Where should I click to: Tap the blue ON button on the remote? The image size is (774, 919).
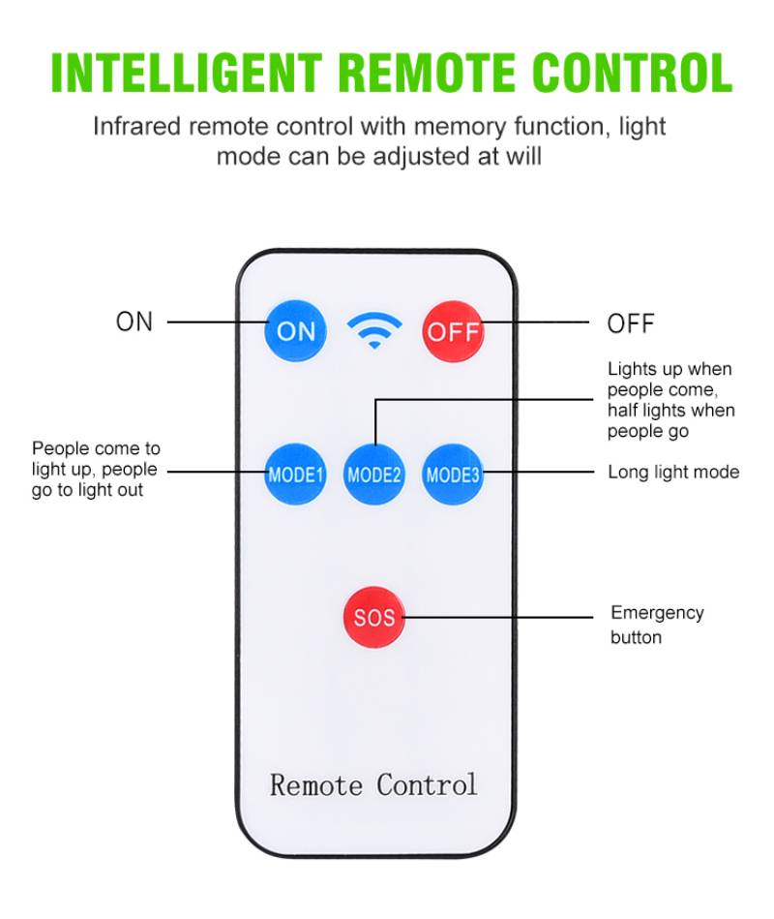296,330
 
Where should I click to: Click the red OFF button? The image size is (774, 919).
453,330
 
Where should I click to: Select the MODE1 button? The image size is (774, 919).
296,475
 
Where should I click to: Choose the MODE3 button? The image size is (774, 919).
453,475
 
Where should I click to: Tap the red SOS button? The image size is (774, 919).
374,617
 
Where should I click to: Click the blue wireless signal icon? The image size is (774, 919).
374,331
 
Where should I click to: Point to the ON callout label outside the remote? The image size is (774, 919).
134,322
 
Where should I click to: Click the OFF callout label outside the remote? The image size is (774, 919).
631,323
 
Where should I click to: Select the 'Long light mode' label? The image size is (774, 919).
673,473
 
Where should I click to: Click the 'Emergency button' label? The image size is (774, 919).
657,625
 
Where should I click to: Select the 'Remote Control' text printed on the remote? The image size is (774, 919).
373,783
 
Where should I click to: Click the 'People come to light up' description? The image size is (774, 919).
96,470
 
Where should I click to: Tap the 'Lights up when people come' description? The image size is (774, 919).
670,400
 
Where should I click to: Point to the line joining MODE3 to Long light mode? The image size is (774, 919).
537,473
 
